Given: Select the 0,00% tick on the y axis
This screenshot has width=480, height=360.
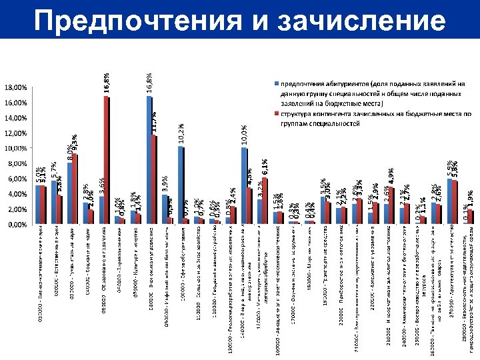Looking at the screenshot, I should [18, 225].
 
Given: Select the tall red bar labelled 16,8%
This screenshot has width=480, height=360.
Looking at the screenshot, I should [106, 160].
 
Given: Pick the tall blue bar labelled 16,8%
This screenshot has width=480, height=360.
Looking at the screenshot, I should [149, 160].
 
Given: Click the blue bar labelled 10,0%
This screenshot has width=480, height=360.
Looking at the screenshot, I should [244, 186].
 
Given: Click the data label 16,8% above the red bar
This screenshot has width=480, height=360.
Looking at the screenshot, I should [106, 83].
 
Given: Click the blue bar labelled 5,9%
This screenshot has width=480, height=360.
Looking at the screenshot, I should [450, 201].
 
